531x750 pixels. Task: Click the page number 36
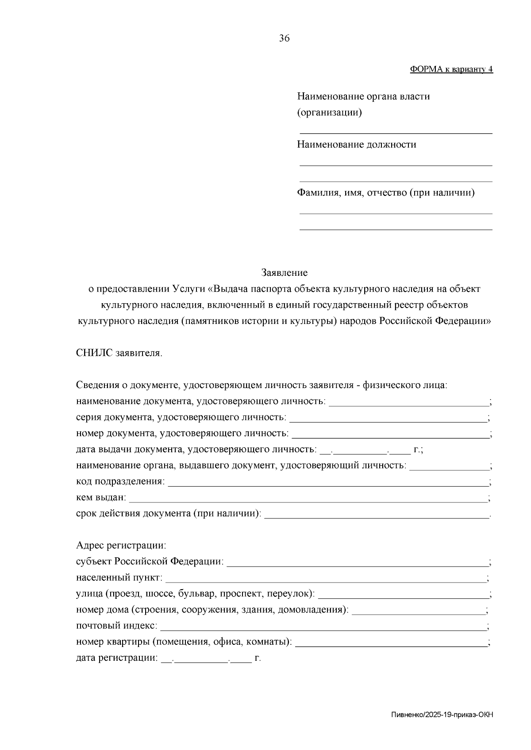pyautogui.click(x=284, y=38)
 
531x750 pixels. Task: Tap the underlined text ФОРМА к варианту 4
pyautogui.click(x=451, y=69)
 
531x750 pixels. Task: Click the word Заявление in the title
pyautogui.click(x=284, y=273)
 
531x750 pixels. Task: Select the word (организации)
pyautogui.click(x=329, y=113)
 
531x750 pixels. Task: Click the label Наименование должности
pyautogui.click(x=356, y=145)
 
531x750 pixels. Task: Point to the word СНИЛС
pyautogui.click(x=95, y=353)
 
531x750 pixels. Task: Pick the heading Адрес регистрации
pyautogui.click(x=121, y=545)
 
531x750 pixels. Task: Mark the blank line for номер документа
pyautogui.click(x=390, y=437)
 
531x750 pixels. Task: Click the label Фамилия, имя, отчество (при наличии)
pyautogui.click(x=385, y=193)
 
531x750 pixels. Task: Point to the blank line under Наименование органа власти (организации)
pyautogui.click(x=396, y=132)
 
